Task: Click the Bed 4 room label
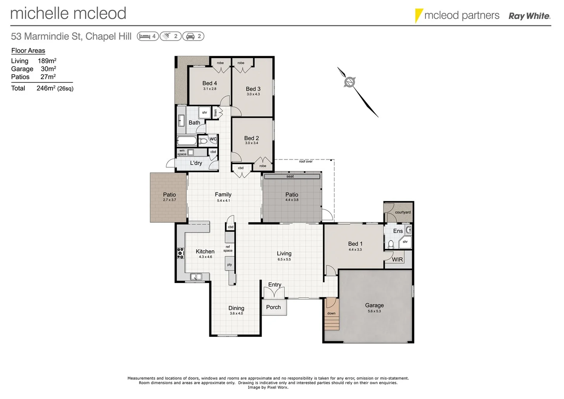[209, 83]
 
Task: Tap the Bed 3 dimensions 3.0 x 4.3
[253, 94]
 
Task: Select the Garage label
[374, 305]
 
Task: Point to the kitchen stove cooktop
[180, 253]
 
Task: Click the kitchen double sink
[196, 276]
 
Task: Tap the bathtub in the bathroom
[187, 141]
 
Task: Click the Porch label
[273, 307]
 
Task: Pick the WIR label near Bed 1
[397, 259]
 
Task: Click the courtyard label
[403, 212]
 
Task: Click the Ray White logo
[529, 16]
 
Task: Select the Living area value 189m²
[47, 61]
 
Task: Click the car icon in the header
[190, 36]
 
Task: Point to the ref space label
[228, 249]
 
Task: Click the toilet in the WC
[203, 141]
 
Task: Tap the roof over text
[306, 161]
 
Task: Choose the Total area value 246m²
[46, 88]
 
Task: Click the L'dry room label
[196, 163]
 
